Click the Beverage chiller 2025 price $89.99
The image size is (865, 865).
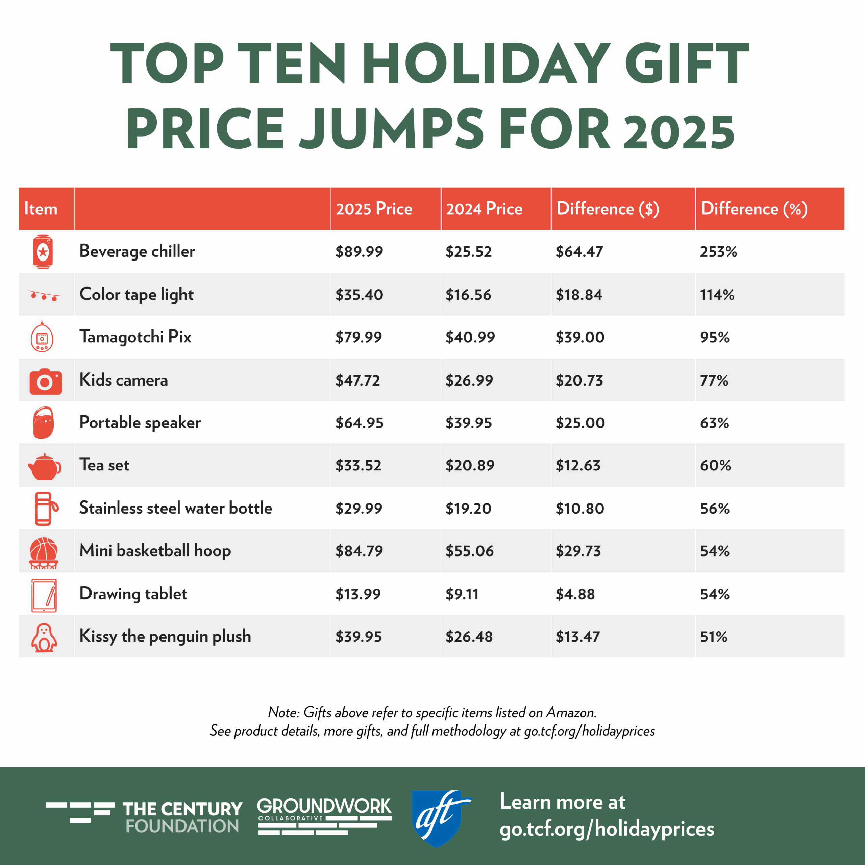[x=359, y=252]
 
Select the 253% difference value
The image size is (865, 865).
[x=718, y=252]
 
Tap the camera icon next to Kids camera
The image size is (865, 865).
[x=45, y=381]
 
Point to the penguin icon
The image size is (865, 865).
[x=44, y=638]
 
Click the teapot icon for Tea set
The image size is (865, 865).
[x=44, y=467]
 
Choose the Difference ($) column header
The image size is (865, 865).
[x=607, y=209]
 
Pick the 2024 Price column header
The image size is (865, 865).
[x=484, y=209]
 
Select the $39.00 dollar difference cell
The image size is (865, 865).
[x=580, y=337]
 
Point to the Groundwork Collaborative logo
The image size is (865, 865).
[x=324, y=816]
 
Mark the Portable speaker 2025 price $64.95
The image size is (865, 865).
[x=360, y=423]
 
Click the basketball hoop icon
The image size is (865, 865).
[x=44, y=552]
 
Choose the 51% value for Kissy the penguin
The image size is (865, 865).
[x=714, y=637]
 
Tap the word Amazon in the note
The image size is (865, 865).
[x=571, y=712]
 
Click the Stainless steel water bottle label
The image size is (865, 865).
[x=175, y=508]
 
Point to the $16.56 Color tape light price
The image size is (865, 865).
[x=468, y=295]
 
